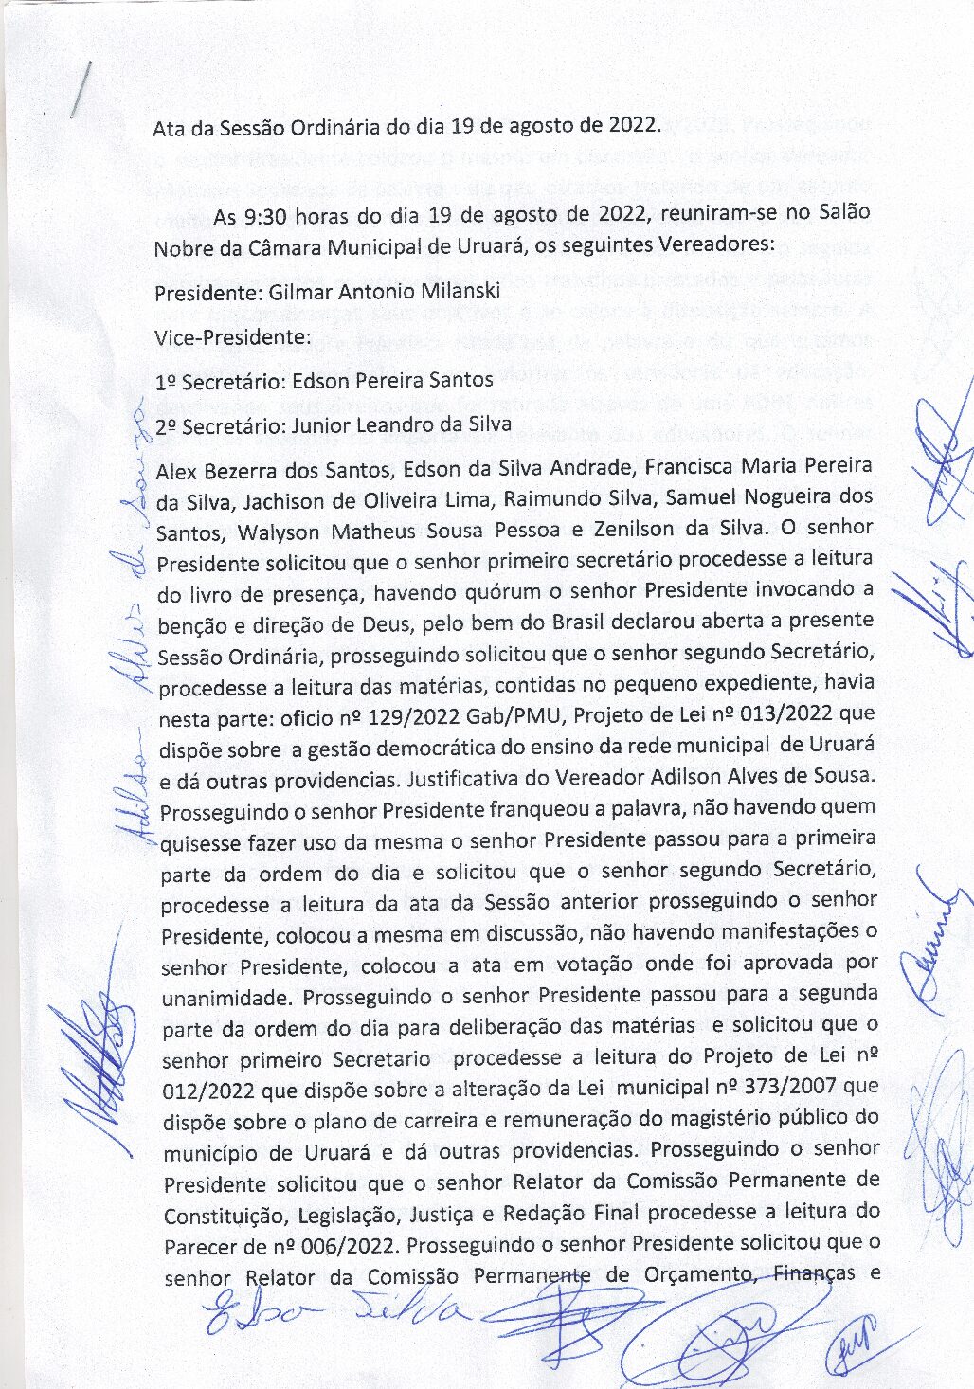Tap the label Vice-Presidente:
pyautogui.click(x=232, y=336)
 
